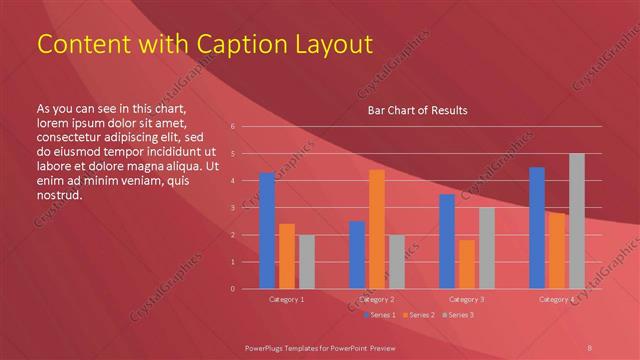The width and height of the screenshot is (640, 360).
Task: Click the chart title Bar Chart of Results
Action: point(418,110)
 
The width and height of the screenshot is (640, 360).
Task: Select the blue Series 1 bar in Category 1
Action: point(267,231)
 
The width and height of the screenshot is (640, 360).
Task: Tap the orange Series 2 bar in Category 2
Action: point(377,229)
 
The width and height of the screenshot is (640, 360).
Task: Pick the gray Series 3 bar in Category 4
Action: point(576,221)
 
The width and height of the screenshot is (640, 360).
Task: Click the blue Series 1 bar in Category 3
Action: point(447,241)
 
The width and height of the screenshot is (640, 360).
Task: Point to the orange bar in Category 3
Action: point(466,264)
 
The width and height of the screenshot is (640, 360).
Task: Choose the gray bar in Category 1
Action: point(306,262)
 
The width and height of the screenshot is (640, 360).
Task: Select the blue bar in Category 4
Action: point(537,228)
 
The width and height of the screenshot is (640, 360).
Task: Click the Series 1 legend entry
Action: point(380,315)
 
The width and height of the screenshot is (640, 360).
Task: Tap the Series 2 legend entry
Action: point(418,315)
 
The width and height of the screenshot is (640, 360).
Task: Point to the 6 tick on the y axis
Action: point(232,127)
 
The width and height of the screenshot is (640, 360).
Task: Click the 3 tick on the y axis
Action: point(232,208)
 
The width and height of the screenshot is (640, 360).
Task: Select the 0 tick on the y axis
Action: point(232,289)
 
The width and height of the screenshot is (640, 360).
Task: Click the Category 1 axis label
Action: point(287,299)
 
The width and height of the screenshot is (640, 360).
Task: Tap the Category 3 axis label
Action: point(467,299)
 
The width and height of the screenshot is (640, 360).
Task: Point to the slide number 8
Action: point(590,341)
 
